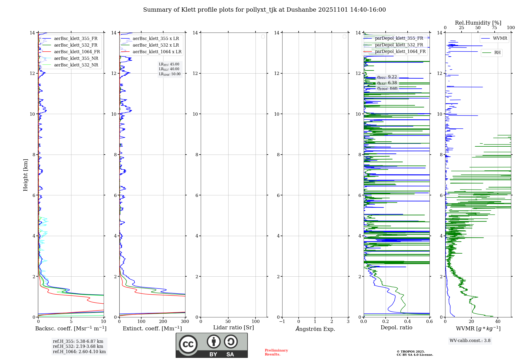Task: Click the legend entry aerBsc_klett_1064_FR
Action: [x=77, y=52]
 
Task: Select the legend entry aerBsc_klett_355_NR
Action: [x=76, y=58]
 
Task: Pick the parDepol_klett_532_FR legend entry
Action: [x=399, y=45]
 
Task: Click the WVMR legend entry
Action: [x=500, y=38]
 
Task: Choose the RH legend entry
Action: [x=497, y=53]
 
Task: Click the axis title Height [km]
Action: [x=25, y=175]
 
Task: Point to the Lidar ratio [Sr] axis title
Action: [x=233, y=328]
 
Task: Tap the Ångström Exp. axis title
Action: [x=315, y=329]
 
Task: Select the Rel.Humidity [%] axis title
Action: [x=478, y=23]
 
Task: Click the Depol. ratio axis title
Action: [x=396, y=328]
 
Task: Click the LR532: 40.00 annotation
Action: [x=169, y=69]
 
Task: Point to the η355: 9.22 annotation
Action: [x=387, y=77]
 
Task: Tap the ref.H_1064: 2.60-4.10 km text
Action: [x=79, y=352]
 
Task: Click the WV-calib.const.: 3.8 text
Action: [x=470, y=341]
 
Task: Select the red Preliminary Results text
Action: [x=276, y=352]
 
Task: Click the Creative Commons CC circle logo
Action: [x=188, y=344]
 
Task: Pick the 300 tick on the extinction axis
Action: [x=185, y=322]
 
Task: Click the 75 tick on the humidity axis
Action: [x=494, y=28]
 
